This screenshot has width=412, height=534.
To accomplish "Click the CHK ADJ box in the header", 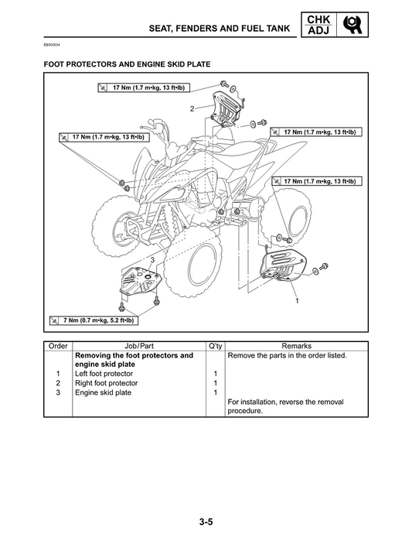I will [x=316, y=25].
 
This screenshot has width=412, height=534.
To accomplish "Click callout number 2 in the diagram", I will [x=191, y=108].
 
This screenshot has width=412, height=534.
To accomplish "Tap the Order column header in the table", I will [x=58, y=346].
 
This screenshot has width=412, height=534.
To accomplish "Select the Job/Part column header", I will [x=139, y=346].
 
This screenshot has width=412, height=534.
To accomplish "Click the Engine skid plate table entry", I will [x=103, y=392].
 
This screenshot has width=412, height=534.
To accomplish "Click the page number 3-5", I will [x=206, y=501].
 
